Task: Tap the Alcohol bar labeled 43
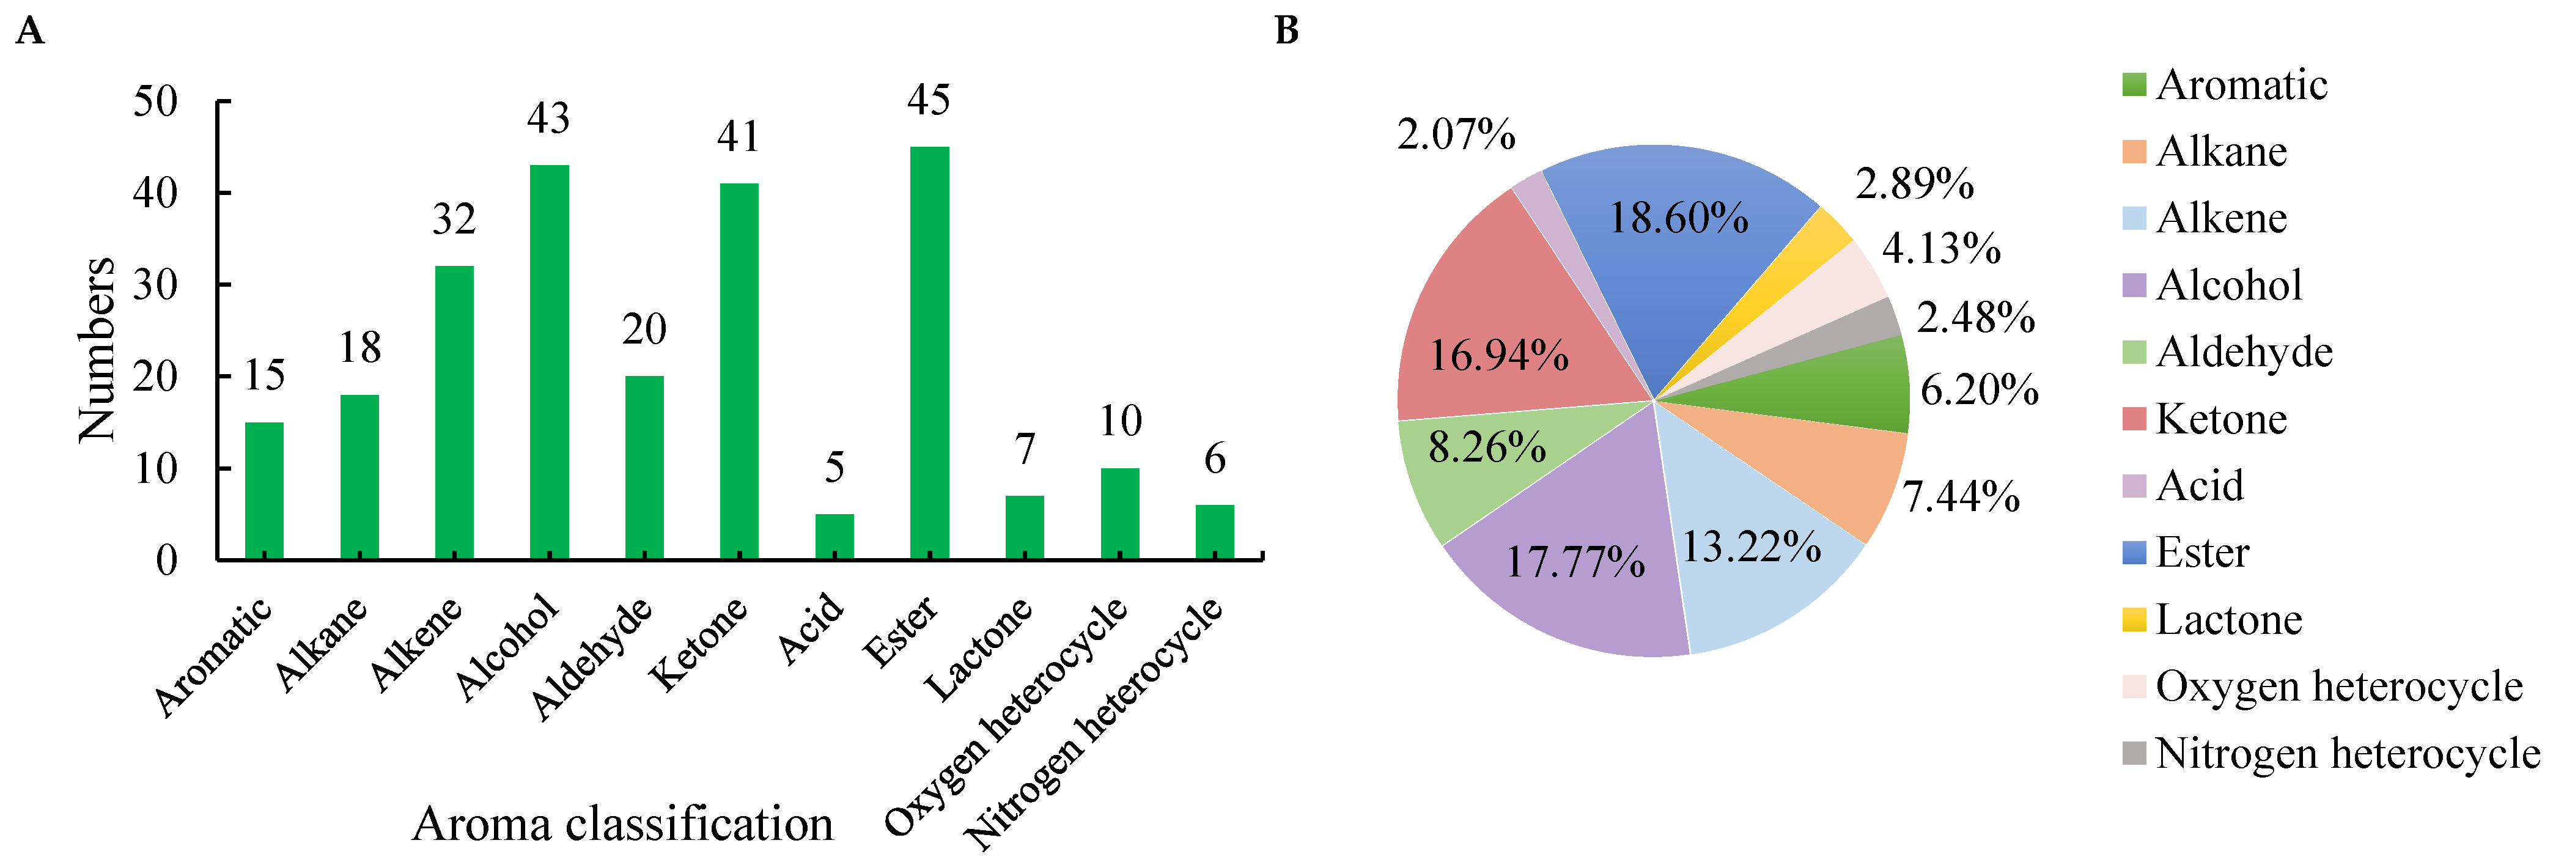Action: coord(549,362)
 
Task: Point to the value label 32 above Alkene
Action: coord(454,219)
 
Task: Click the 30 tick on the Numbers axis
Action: coord(156,285)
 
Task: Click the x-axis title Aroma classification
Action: coord(622,823)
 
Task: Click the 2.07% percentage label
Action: coord(1456,134)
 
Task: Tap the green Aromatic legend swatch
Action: coord(2134,85)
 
